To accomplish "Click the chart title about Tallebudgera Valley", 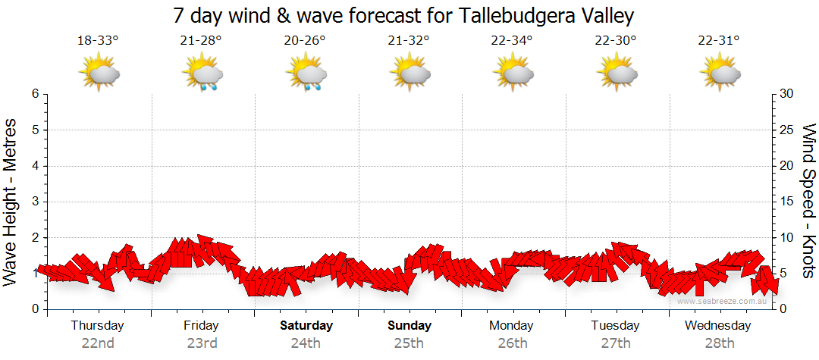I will [x=403, y=15].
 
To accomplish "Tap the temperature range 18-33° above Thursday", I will [x=98, y=40].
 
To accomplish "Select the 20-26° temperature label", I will [x=305, y=40].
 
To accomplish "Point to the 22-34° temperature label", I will [x=512, y=40].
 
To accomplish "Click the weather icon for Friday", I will [x=202, y=74].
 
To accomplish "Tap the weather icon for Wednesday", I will [x=720, y=74].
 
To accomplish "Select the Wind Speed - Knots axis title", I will [x=808, y=202].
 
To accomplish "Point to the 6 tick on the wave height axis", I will [x=35, y=94].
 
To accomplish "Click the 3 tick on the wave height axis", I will [x=35, y=202].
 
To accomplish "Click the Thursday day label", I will [x=97, y=326].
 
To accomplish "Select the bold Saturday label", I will [x=306, y=326].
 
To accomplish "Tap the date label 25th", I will [x=409, y=343].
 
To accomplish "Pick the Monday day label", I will [x=511, y=326].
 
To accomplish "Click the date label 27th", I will [x=615, y=343].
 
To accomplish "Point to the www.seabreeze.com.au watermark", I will [x=723, y=301].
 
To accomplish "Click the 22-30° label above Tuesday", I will [x=616, y=40].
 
